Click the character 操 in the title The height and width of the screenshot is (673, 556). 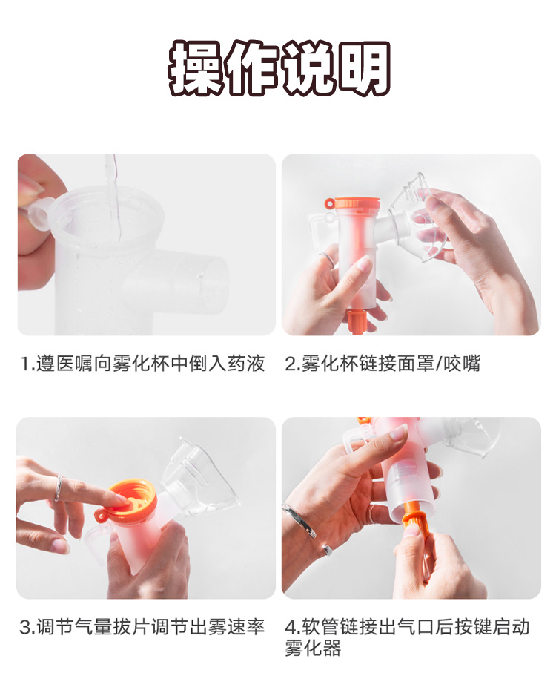[195, 68]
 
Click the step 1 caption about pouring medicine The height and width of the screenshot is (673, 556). [144, 363]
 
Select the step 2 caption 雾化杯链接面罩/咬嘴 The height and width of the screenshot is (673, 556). [383, 363]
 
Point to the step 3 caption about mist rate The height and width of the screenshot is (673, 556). [142, 627]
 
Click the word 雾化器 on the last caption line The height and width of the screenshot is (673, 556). [313, 648]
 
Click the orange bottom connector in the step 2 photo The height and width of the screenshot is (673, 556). [355, 321]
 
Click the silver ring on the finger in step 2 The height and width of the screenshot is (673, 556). [328, 258]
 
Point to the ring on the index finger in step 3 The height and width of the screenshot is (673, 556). [58, 488]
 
